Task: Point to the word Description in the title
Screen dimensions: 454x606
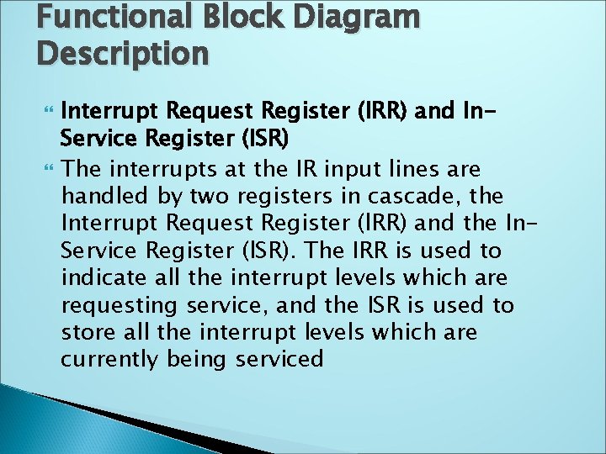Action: (x=122, y=53)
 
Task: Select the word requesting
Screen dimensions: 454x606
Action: (x=117, y=305)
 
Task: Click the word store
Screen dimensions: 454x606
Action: (x=88, y=332)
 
